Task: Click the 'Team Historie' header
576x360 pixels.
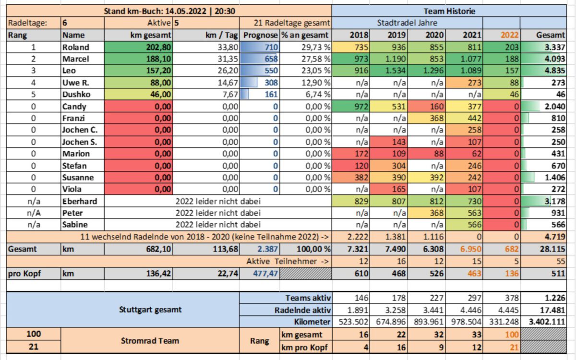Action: tap(449, 12)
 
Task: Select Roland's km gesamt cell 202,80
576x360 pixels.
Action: tap(158, 48)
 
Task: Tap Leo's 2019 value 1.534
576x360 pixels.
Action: tap(395, 71)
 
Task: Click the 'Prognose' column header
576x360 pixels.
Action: tap(261, 35)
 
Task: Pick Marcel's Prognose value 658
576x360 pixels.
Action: tap(271, 59)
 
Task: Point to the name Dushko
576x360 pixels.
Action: tap(76, 95)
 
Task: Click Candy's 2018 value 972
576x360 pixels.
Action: tap(361, 107)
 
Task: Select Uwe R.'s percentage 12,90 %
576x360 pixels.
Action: tap(316, 83)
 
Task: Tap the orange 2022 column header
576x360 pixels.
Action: tap(510, 35)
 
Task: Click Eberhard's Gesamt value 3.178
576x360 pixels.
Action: tap(555, 201)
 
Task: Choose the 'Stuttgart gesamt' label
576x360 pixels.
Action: tap(150, 310)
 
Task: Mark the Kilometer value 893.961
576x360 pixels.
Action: tap(429, 322)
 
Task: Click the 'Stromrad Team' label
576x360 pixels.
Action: tap(150, 341)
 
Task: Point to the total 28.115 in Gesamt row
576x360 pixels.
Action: tap(552, 249)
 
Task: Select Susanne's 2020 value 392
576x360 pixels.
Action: tap(437, 178)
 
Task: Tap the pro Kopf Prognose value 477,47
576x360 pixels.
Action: tap(265, 274)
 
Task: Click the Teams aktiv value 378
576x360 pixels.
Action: tap(512, 298)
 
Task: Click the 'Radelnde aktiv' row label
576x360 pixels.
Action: tap(302, 311)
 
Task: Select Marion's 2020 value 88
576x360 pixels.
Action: tap(439, 154)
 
